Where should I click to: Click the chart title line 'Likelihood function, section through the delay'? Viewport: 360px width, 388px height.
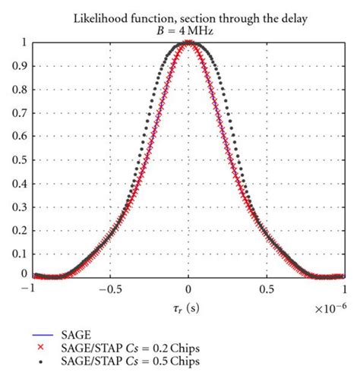point(188,17)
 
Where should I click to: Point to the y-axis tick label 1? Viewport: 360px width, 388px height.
point(24,43)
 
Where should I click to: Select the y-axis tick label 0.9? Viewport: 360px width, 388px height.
point(19,66)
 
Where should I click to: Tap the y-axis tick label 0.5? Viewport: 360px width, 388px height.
point(19,158)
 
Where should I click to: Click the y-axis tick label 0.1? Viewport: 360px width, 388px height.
point(19,251)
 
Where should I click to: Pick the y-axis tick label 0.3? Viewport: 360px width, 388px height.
point(19,204)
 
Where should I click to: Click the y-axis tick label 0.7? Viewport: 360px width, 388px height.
point(19,112)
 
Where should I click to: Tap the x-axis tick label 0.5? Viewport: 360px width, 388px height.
point(266,289)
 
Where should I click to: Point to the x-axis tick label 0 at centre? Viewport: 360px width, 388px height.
point(188,289)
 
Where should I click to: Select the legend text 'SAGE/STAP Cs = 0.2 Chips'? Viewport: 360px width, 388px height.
point(130,346)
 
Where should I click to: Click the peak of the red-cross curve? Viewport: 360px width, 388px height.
point(188,44)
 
